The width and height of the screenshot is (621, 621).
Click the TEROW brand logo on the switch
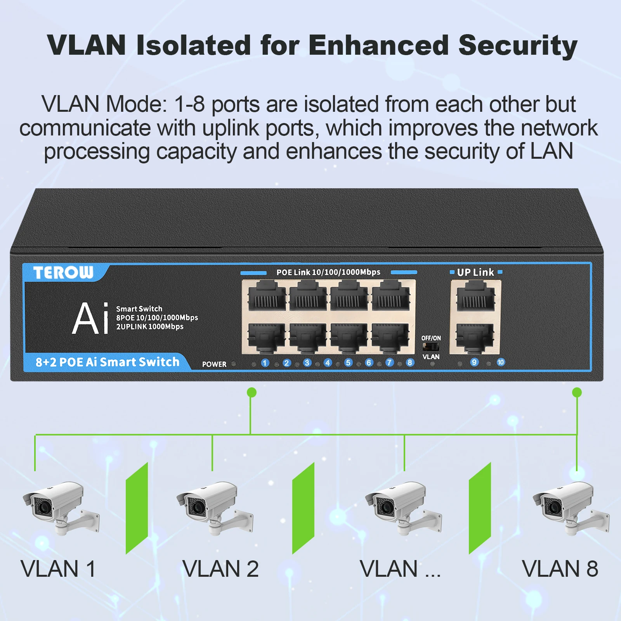tap(63, 272)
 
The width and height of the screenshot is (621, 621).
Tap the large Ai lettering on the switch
tap(90, 319)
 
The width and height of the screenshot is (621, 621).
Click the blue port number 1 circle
tap(265, 363)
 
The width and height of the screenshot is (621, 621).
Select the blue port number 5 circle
tap(348, 363)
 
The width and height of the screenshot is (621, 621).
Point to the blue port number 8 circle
tap(410, 363)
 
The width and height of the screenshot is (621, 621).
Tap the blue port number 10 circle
tap(501, 362)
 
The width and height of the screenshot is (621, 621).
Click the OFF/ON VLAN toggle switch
tap(430, 347)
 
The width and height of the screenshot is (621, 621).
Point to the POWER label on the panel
tap(214, 364)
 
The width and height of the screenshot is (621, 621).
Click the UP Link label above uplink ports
tap(475, 272)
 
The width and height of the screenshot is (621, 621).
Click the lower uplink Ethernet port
tap(475, 337)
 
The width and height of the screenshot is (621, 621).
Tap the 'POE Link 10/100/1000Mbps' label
tap(328, 272)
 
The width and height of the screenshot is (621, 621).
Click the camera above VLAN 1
tap(60, 507)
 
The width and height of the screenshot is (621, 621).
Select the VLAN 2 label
tap(220, 569)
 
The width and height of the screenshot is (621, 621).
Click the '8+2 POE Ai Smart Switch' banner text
tap(108, 362)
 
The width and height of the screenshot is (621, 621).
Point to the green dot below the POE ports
tap(252, 392)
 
